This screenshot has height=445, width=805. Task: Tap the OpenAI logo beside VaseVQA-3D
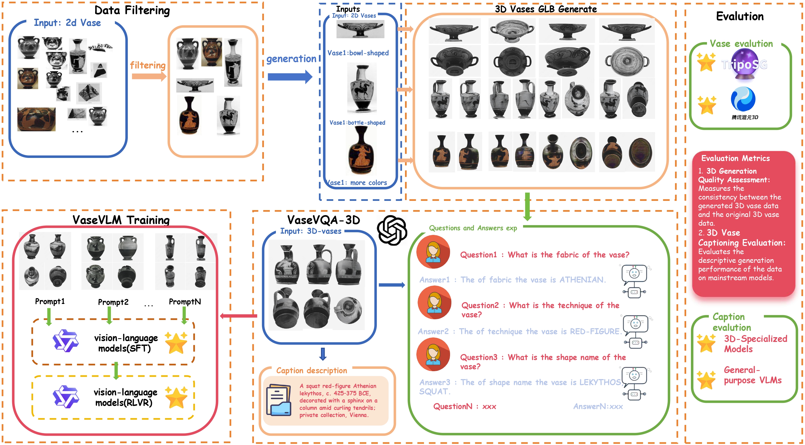(392, 230)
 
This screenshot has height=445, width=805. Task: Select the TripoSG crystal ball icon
(744, 65)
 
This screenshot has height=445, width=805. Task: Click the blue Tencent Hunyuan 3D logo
(743, 99)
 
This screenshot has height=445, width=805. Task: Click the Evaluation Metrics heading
(735, 158)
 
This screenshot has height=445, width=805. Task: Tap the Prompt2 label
(113, 302)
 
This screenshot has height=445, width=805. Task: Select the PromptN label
(185, 302)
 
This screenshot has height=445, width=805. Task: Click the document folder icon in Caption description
(279, 400)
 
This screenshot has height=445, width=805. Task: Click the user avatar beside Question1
(433, 252)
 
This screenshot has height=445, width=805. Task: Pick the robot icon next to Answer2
(635, 331)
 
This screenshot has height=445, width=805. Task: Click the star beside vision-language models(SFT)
(176, 343)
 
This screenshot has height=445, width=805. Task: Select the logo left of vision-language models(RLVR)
(66, 396)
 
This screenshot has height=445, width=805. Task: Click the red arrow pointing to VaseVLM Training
(238, 316)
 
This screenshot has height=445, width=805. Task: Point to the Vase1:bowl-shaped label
(358, 53)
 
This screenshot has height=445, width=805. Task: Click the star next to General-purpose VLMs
(706, 380)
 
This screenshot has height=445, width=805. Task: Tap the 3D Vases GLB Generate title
(546, 9)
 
